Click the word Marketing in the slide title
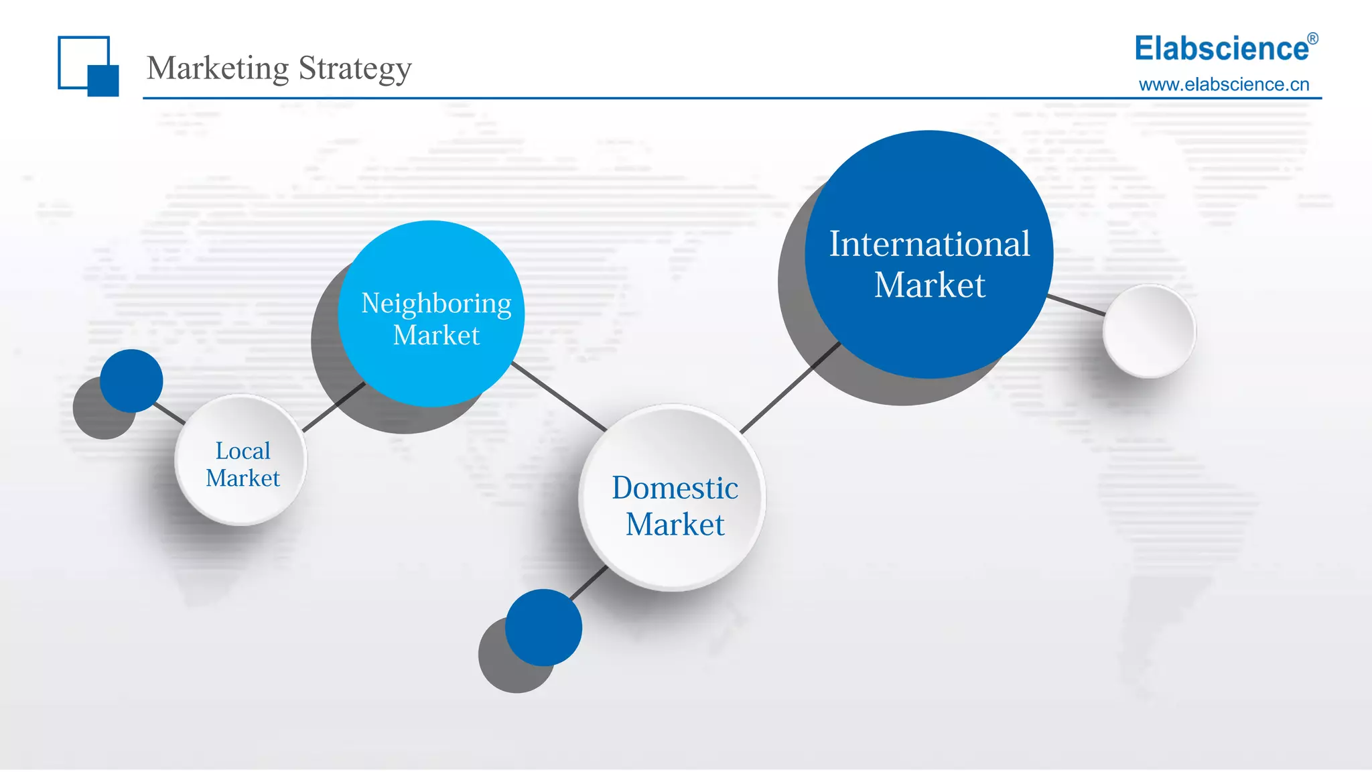point(218,68)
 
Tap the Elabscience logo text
point(1221,49)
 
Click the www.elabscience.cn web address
point(1224,84)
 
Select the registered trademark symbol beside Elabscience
point(1312,39)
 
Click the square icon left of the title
point(88,66)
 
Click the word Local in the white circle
point(243,451)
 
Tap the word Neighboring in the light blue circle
point(436,304)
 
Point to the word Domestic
point(675,488)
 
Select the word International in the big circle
point(929,244)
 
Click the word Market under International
point(929,285)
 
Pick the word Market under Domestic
point(675,524)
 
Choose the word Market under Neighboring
point(436,335)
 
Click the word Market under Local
point(243,478)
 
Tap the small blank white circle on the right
point(1149,331)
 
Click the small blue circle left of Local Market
point(131,380)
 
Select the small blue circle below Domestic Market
point(543,627)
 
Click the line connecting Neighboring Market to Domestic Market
point(559,397)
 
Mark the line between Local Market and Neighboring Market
point(333,407)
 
